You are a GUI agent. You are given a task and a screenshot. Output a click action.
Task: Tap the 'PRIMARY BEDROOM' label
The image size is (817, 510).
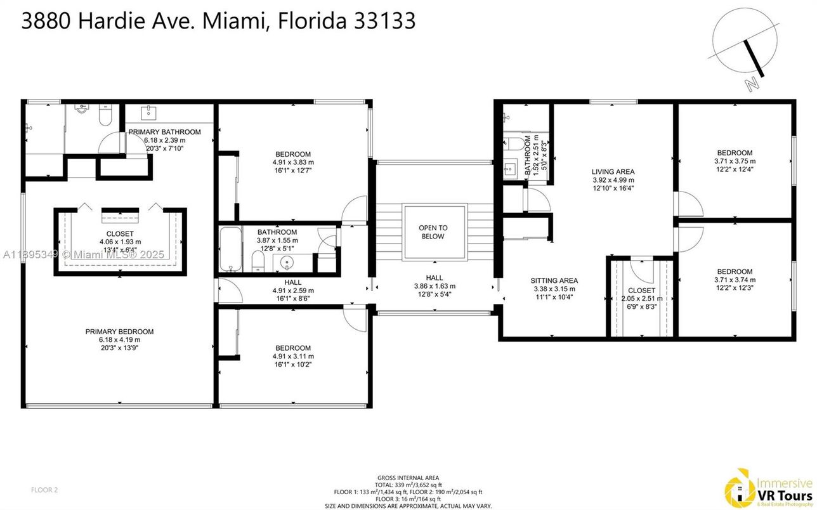119,332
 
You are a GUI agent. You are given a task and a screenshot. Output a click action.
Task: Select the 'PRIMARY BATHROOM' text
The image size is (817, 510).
164,132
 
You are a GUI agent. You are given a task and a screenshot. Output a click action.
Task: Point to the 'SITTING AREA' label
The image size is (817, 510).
554,280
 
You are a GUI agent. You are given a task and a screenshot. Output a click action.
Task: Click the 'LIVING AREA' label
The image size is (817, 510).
613,171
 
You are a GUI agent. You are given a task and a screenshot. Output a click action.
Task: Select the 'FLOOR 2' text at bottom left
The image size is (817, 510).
44,490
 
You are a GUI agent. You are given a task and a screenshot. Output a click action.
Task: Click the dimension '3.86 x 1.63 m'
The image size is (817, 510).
435,286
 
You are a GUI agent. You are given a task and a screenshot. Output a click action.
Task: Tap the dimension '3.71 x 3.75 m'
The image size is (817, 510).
735,161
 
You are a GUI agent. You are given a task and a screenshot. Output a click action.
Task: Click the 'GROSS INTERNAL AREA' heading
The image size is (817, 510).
408,478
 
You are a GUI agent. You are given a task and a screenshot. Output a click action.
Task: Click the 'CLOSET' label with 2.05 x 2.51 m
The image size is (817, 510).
642,291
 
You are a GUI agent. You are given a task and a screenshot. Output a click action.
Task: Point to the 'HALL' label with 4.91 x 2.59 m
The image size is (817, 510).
293,282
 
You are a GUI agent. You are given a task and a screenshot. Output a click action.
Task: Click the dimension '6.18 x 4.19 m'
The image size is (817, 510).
119,340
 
